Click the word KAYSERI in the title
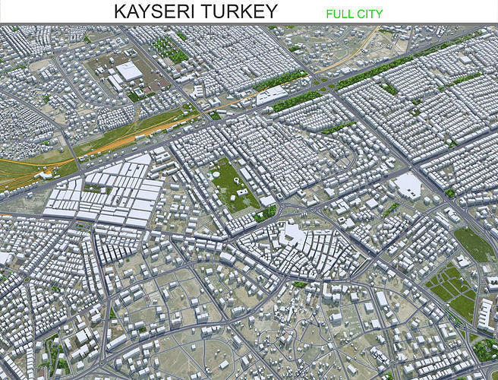(155, 11)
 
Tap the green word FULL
(339, 14)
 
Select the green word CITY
(370, 14)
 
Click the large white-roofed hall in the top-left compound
(128, 71)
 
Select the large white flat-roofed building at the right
(408, 185)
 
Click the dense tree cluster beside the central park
(266, 214)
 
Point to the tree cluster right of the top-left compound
(170, 49)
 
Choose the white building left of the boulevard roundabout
(272, 95)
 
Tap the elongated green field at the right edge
(474, 243)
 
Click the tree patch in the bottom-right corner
(484, 350)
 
